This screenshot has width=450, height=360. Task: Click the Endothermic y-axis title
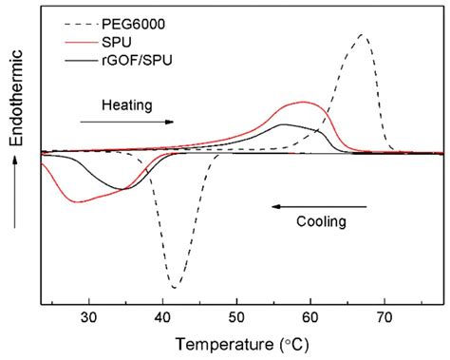point(16,110)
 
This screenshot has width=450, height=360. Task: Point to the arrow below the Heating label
point(127,122)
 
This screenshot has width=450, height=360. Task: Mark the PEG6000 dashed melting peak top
point(362,34)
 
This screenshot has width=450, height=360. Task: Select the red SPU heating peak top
point(304,102)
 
